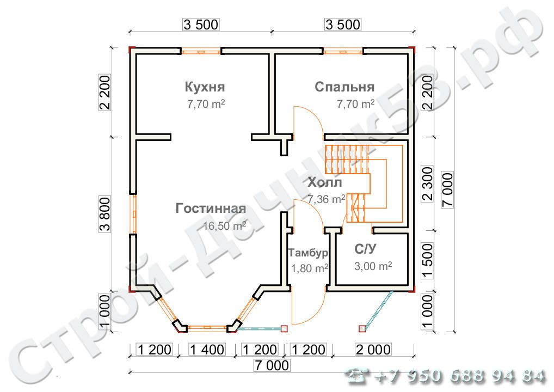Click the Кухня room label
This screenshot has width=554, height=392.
[205, 87]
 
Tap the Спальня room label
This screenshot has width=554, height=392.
[344, 87]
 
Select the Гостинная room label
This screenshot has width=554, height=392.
[211, 208]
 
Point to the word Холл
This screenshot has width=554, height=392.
[325, 182]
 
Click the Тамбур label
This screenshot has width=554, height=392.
[308, 253]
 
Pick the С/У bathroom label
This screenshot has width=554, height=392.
[365, 249]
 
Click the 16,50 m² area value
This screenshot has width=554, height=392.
[225, 225]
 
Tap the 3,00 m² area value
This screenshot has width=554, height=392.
[373, 266]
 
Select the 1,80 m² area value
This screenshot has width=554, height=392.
[310, 268]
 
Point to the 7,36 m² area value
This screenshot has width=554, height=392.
[326, 199]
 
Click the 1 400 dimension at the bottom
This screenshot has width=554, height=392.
[207, 350]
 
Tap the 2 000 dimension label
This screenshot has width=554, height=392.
[373, 350]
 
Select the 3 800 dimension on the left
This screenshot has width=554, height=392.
[105, 214]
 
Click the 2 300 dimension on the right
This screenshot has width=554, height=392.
[427, 184]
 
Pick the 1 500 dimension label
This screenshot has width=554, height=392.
[427, 260]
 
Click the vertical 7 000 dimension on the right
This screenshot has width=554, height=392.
[447, 190]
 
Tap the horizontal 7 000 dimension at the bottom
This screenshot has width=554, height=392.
[272, 365]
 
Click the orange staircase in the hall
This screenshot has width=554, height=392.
[364, 184]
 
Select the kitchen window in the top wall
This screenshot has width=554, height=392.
[201, 52]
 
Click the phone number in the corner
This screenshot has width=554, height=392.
[446, 376]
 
